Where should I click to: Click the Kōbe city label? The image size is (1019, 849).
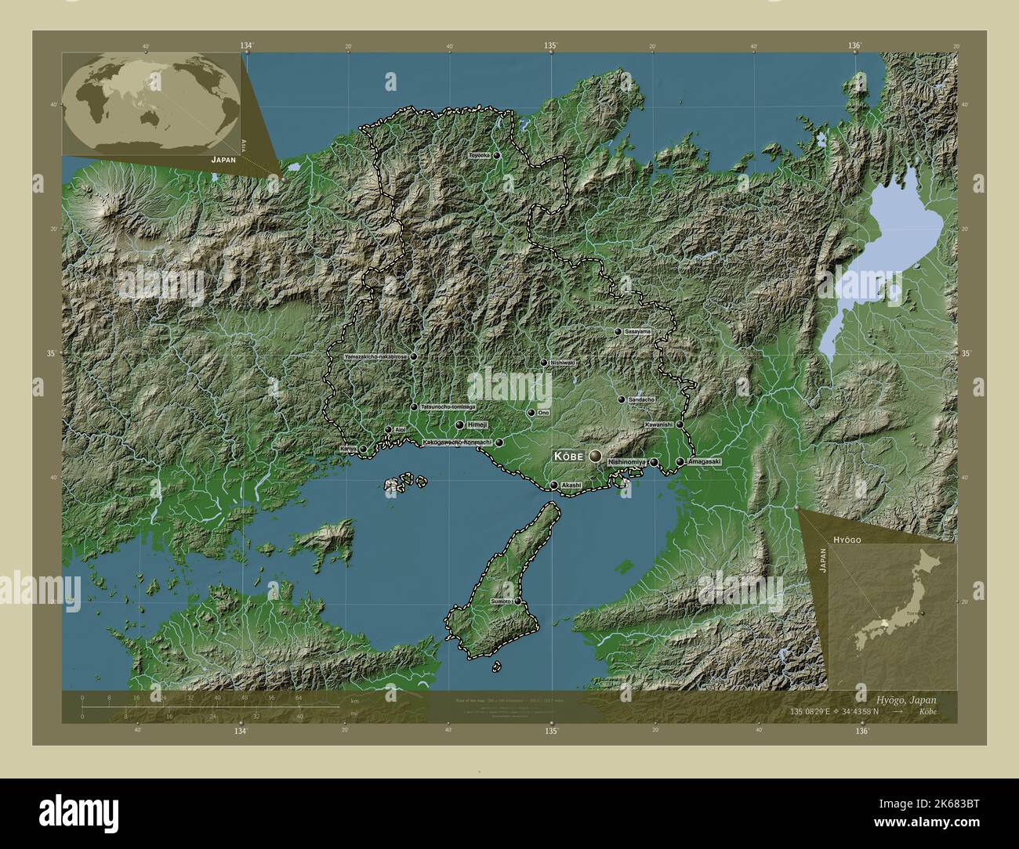pyautogui.click(x=570, y=455)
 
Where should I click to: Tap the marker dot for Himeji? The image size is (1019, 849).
pyautogui.click(x=459, y=424)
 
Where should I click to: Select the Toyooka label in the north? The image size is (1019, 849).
pyautogui.click(x=479, y=156)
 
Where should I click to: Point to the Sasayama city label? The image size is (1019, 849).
pyautogui.click(x=637, y=332)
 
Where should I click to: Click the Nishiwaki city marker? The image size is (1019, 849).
pyautogui.click(x=543, y=363)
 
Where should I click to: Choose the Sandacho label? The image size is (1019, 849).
pyautogui.click(x=642, y=399)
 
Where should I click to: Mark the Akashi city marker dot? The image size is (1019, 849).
pyautogui.click(x=554, y=486)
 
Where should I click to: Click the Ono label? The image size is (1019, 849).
pyautogui.click(x=542, y=413)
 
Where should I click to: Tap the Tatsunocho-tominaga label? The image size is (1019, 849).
pyautogui.click(x=448, y=407)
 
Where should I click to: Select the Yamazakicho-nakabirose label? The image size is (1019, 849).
pyautogui.click(x=375, y=356)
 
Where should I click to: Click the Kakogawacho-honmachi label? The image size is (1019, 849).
pyautogui.click(x=457, y=443)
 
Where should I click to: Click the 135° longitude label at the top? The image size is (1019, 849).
pyautogui.click(x=551, y=46)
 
